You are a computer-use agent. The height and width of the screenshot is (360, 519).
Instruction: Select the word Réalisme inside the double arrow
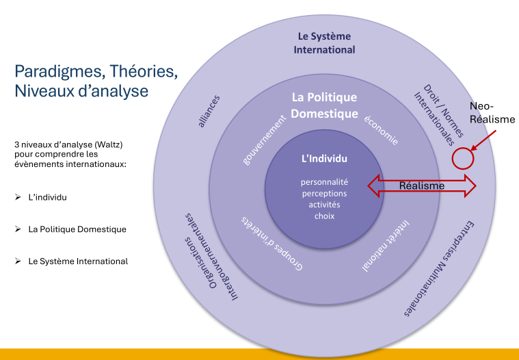(422, 185)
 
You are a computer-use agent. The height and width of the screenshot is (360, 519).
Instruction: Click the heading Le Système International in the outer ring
(325, 43)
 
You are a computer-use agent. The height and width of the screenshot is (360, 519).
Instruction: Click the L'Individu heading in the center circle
(325, 159)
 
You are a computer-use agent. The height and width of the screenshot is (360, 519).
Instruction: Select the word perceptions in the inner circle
(325, 194)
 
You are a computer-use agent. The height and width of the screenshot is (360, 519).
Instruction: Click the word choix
(325, 216)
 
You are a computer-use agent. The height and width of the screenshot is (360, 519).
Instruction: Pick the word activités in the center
(325, 205)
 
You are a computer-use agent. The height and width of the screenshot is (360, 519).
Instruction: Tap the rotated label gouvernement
(265, 140)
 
